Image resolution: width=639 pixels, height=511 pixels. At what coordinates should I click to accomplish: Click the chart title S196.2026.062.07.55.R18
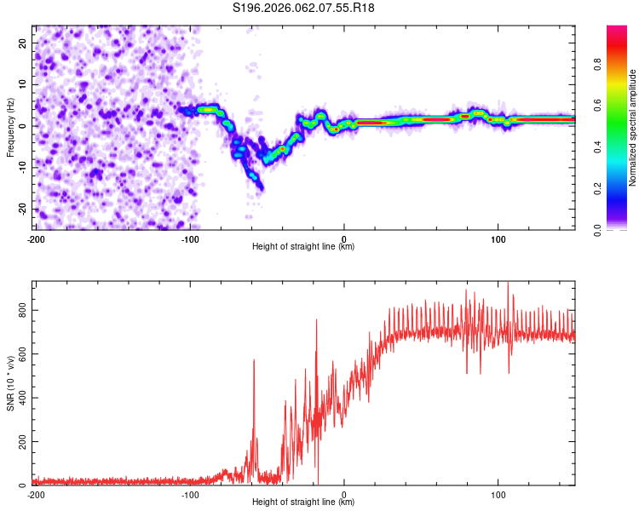(304, 8)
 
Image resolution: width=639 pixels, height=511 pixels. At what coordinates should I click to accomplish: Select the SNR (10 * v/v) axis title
(10, 384)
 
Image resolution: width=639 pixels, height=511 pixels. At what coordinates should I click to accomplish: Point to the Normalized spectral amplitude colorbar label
(633, 128)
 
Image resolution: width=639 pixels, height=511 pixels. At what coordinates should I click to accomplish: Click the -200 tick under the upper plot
(36, 238)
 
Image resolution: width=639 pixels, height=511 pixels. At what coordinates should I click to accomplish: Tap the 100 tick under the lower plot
(498, 494)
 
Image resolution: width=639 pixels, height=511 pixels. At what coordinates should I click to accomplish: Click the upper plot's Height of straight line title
(303, 246)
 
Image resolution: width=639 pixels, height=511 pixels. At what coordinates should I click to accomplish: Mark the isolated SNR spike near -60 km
(254, 361)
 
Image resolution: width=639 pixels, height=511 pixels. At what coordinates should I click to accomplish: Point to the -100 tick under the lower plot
(189, 494)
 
